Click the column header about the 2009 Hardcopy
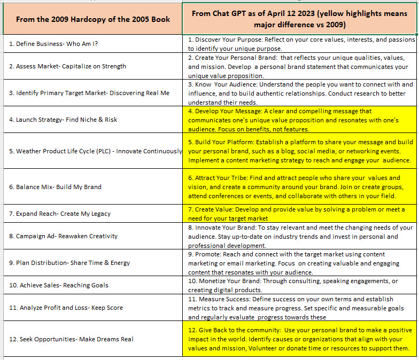pyautogui.click(x=93, y=19)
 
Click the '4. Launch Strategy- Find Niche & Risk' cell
pyautogui.click(x=64, y=120)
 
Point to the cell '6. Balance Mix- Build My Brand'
pyautogui.click(x=56, y=187)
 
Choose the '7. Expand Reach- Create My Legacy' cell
pyautogui.click(x=60, y=214)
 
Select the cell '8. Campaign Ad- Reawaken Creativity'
pyautogui.click(x=64, y=236)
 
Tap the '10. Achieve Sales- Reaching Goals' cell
pyautogui.click(x=59, y=285)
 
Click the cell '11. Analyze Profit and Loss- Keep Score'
pyautogui.click(x=66, y=308)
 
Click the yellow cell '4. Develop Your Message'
pyautogui.click(x=299, y=120)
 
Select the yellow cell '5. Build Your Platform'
pyautogui.click(x=299, y=151)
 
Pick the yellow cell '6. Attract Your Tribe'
pyautogui.click(x=299, y=187)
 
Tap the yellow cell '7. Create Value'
pyautogui.click(x=299, y=214)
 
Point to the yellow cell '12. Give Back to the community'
pyautogui.click(x=299, y=339)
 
